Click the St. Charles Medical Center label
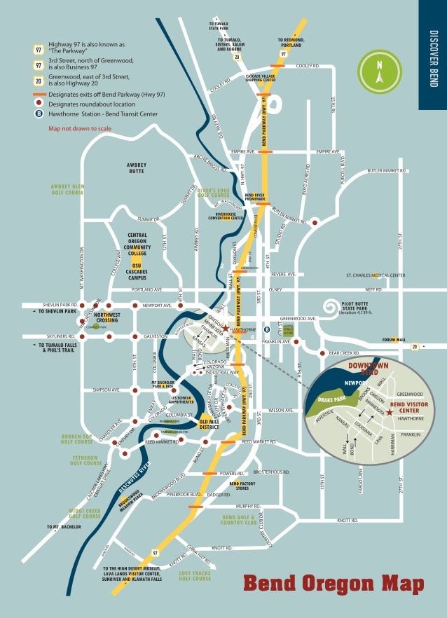click(x=376, y=275)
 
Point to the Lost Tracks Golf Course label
click(x=195, y=575)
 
